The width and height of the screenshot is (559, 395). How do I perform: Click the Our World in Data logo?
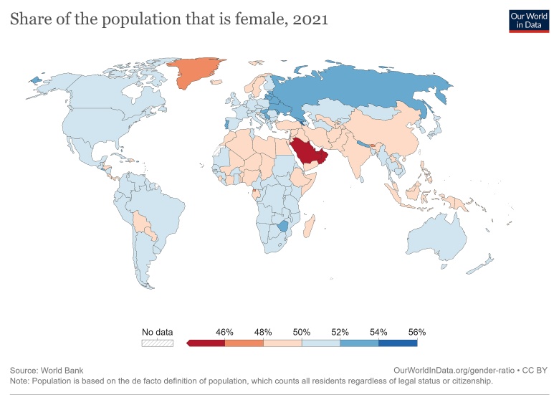click(x=528, y=19)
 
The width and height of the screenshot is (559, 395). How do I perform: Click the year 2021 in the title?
click(x=309, y=19)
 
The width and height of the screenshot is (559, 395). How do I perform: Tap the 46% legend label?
click(x=225, y=332)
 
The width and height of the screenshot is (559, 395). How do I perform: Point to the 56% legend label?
click(x=417, y=332)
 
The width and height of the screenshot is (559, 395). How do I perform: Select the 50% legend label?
click(x=302, y=332)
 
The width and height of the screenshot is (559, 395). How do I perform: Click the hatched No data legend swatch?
click(x=157, y=343)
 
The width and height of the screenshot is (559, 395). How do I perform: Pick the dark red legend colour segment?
click(x=207, y=343)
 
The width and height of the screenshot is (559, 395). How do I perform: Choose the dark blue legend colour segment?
click(x=398, y=343)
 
